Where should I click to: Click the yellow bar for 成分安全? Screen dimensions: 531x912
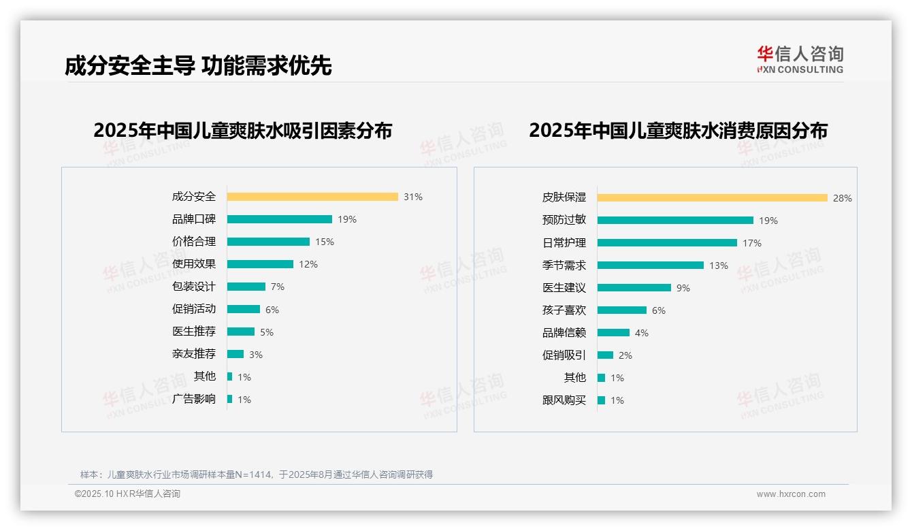[312, 197]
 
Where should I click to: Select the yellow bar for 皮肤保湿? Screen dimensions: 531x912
[713, 198]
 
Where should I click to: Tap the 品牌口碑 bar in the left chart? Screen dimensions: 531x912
[280, 219]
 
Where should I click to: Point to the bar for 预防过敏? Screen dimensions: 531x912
[675, 221]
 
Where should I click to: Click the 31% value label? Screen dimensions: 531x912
[412, 197]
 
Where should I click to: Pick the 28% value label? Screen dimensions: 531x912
[842, 198]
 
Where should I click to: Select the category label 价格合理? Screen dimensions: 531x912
[194, 242]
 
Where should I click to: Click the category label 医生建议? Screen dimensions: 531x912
[564, 288]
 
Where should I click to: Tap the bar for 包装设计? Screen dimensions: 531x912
[246, 287]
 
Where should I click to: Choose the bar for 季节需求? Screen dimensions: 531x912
[651, 265]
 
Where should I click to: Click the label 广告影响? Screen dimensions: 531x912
[194, 399]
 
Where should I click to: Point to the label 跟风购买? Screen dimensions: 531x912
[564, 400]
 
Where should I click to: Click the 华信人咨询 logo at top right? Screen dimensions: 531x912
[800, 59]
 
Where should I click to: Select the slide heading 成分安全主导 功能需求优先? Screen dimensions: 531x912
[198, 65]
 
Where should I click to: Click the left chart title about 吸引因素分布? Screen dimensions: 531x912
[243, 130]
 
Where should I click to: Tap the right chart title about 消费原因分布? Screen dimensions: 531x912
[678, 130]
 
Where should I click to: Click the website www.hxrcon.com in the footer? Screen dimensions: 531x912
[791, 494]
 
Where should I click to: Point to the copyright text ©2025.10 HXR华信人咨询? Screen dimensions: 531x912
[127, 494]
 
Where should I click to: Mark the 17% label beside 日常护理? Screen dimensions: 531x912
[752, 243]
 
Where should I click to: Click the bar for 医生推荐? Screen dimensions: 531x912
[241, 332]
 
